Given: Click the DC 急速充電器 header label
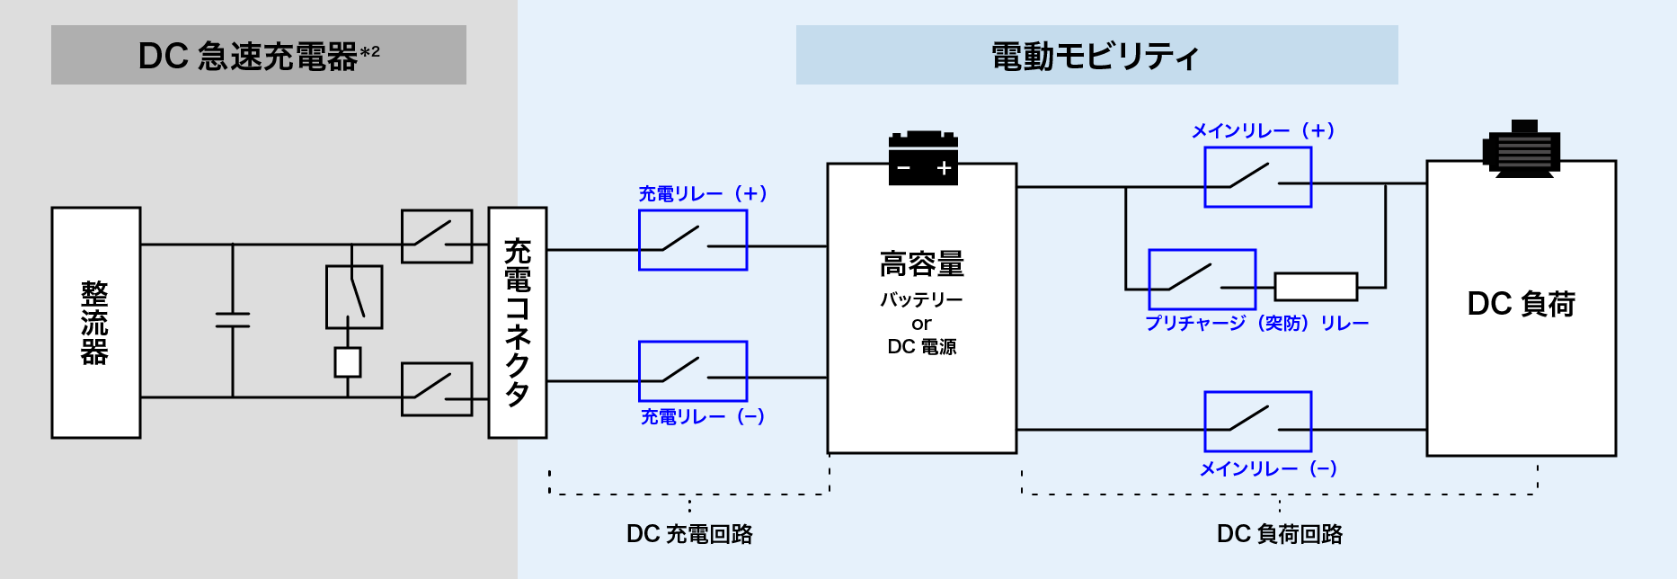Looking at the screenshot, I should (258, 56).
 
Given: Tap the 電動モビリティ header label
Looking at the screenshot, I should (1096, 56).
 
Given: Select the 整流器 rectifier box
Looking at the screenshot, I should (96, 323).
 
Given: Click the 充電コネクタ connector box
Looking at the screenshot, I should (518, 323).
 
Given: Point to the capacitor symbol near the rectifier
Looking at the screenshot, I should (233, 320).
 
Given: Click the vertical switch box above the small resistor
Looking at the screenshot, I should (354, 297).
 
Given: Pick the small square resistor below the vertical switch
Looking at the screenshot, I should (348, 362).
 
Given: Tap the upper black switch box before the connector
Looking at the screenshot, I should (437, 236).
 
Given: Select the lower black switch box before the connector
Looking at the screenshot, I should (437, 389).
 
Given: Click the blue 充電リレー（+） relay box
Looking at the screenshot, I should (693, 240).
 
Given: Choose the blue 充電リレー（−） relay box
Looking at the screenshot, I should (693, 371).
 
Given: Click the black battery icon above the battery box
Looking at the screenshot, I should (923, 158).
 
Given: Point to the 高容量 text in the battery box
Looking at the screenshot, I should (922, 264).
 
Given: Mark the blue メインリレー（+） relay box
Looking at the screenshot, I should (1258, 177).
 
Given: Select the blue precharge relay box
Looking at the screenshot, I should (1202, 280).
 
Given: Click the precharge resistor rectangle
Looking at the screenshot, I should (1316, 287).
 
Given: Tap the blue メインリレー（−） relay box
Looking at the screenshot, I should (1258, 422).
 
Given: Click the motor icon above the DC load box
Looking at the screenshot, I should (1522, 148).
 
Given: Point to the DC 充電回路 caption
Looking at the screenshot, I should (689, 534).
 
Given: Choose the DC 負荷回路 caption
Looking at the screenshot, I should (1279, 534).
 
